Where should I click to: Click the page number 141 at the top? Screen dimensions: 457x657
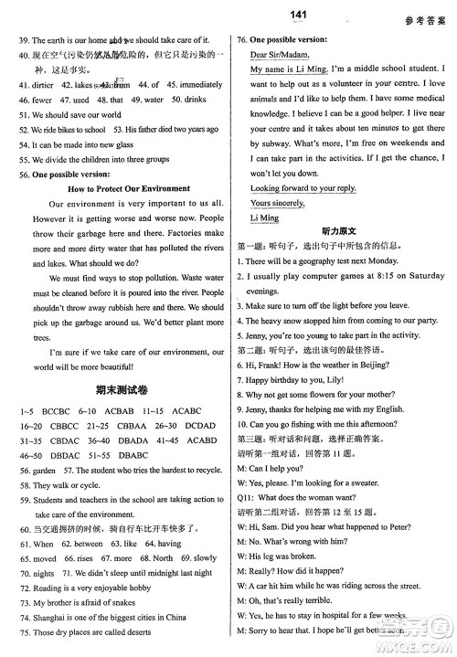pos(229,14)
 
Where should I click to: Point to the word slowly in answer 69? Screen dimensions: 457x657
pos(205,557)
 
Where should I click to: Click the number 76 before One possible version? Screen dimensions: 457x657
pos(242,40)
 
